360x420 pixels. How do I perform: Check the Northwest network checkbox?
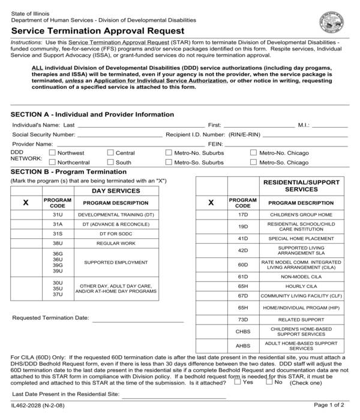click(x=52, y=153)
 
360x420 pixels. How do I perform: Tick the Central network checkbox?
click(x=110, y=153)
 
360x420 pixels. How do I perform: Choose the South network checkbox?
click(x=110, y=162)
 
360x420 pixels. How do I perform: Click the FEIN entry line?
click(x=286, y=145)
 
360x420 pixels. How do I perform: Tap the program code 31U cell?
click(x=58, y=214)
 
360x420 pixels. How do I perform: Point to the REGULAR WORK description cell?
click(x=115, y=243)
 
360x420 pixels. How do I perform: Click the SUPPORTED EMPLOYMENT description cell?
click(x=115, y=262)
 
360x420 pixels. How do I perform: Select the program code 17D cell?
click(x=243, y=214)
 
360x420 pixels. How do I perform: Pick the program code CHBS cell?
click(x=243, y=331)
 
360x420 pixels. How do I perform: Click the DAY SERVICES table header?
click(x=115, y=191)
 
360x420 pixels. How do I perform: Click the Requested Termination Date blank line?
click(x=137, y=317)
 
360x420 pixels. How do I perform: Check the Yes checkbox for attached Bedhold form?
click(x=238, y=381)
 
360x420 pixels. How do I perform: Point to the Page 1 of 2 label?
click(x=330, y=406)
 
